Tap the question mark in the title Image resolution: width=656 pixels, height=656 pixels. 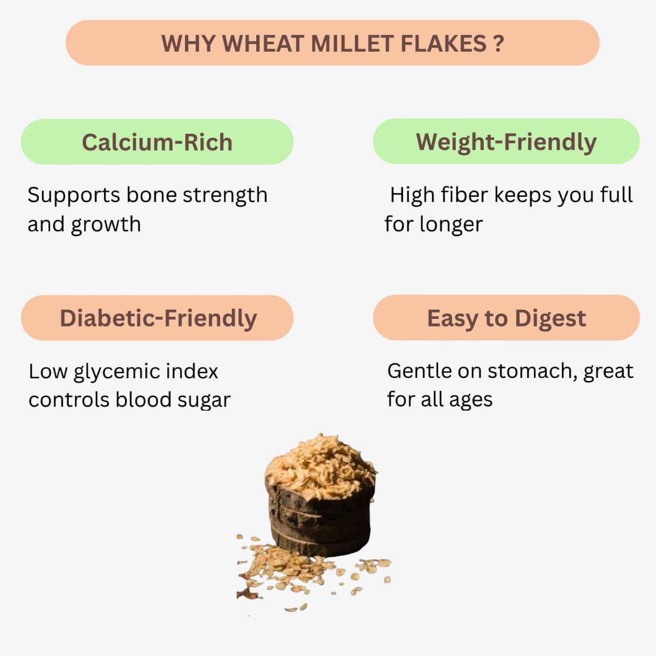click(499, 44)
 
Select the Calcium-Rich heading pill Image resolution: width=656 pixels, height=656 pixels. click(157, 142)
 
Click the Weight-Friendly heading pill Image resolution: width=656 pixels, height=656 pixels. click(506, 142)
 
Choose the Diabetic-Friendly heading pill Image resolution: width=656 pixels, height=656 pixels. click(157, 318)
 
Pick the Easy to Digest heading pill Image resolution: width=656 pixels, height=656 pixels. click(506, 318)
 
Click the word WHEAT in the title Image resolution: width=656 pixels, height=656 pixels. click(263, 44)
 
